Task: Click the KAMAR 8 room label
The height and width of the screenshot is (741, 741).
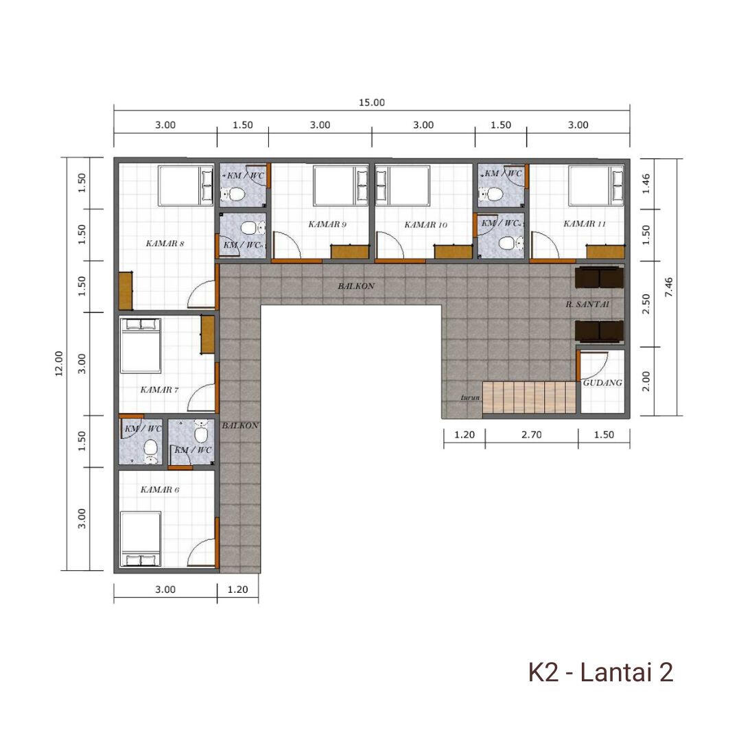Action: click(165, 244)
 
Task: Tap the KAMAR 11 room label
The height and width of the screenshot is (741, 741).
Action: click(584, 224)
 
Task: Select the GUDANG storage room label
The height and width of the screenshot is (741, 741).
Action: click(602, 382)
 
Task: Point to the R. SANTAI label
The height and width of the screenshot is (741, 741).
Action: click(587, 305)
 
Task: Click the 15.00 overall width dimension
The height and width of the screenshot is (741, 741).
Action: click(371, 102)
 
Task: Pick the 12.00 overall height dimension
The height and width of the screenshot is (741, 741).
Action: click(59, 364)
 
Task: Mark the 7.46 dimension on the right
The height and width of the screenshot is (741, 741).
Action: click(668, 287)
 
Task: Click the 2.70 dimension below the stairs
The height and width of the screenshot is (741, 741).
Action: click(531, 435)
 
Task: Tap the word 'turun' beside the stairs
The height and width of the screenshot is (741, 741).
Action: click(470, 398)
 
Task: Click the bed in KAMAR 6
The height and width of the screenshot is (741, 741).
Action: click(141, 539)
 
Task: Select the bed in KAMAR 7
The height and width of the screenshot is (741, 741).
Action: click(141, 345)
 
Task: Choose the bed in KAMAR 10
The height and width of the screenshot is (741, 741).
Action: click(403, 185)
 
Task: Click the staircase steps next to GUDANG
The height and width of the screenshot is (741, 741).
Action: click(529, 397)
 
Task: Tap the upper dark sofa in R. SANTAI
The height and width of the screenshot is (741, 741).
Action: click(599, 277)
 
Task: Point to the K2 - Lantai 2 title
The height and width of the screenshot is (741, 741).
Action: click(600, 672)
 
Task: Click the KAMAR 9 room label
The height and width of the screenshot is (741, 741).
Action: click(327, 224)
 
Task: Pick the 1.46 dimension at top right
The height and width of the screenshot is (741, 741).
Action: click(646, 184)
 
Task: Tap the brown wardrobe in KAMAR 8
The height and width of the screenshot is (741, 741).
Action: click(126, 291)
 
